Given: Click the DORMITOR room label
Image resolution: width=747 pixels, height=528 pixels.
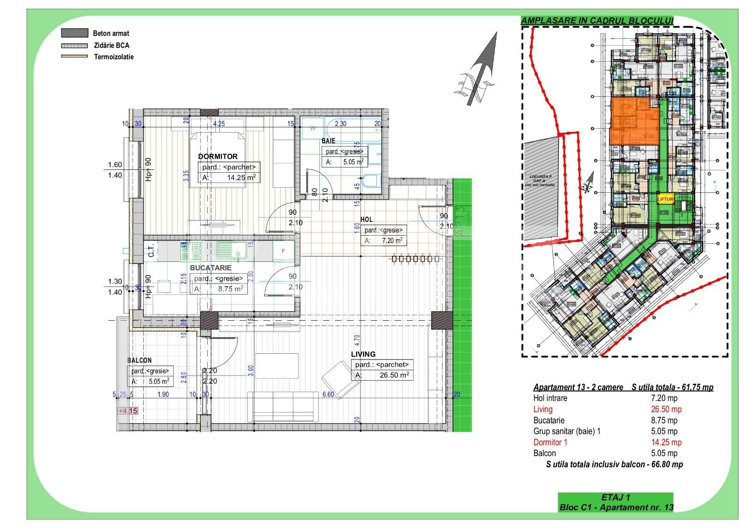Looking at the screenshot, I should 218,156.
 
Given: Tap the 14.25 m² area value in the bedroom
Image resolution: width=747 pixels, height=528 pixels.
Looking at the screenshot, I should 241,178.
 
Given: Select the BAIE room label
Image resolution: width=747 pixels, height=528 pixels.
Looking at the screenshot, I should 328,141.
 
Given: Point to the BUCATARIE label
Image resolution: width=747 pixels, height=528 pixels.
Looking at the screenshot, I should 211,268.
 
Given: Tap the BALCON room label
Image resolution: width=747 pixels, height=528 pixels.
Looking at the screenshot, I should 140,360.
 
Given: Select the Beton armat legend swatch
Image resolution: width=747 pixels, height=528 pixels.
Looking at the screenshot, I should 75,33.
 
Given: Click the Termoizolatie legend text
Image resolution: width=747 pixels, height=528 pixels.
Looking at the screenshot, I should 113,57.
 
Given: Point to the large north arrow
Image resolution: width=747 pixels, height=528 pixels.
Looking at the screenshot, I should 481,70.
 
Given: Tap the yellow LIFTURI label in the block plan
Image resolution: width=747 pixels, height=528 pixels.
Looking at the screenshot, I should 666,199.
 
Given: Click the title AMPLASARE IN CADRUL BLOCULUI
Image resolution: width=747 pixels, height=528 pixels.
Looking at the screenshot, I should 597,21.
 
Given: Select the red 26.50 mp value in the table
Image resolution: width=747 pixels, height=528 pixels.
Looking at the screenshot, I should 666,409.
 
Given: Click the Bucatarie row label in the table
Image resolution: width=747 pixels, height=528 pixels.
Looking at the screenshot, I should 549,420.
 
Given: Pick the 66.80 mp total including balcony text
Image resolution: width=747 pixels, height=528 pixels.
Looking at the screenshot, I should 614,464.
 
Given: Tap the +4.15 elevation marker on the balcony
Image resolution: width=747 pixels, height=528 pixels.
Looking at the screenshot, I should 128,411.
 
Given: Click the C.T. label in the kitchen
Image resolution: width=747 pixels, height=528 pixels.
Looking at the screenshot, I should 151,252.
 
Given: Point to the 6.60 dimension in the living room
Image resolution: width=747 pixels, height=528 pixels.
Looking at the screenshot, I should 328,394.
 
